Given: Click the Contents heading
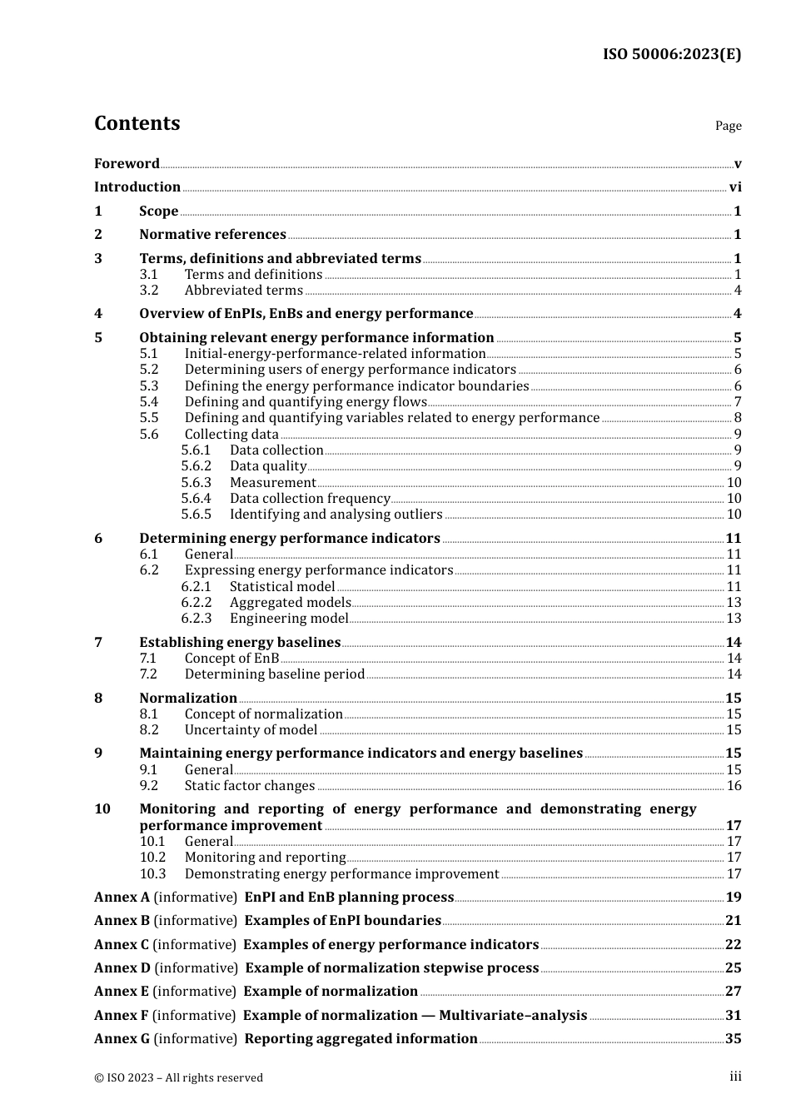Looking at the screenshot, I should coord(137,123).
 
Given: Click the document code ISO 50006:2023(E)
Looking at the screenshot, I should coord(672,55).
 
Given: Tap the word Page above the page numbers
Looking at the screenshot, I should coord(728,126).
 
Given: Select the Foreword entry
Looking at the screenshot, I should coord(127,164).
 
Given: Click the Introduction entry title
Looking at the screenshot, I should coord(137,187).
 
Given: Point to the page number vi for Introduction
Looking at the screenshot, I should coord(735,187).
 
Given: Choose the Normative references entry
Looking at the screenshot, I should coord(212,235).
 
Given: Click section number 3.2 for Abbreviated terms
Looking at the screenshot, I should coord(149,291).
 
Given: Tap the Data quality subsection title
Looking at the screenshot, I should coord(268,466).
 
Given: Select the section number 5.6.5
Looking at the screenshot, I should coord(197,515).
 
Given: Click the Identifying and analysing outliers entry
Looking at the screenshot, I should coord(336,515).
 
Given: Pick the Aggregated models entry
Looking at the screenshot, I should coord(291,603).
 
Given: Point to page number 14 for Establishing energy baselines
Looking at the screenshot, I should coord(734,643).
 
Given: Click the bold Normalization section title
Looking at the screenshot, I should coord(188,699).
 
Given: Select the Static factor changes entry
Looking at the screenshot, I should coord(250,786).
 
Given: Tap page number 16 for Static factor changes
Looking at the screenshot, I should coord(734,786).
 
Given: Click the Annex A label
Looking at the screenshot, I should coord(122,898).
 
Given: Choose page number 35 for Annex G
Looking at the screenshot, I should coord(734,1039).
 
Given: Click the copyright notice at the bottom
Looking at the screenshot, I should coord(178,1078).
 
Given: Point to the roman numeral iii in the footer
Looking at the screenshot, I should coord(735,1077).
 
